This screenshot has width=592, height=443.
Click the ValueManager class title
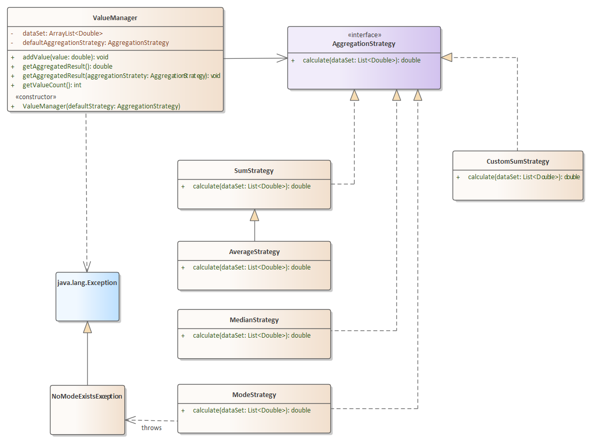(x=115, y=18)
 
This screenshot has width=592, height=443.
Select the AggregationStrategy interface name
(x=364, y=44)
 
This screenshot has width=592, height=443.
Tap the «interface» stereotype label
(x=364, y=35)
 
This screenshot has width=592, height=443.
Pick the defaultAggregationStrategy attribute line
(x=95, y=42)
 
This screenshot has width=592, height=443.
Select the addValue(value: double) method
(x=65, y=57)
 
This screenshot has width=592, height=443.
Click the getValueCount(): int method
(x=52, y=85)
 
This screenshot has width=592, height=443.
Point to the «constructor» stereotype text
(x=36, y=97)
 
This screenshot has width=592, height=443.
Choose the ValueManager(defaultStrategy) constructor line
(x=101, y=106)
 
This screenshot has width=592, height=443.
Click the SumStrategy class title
(x=254, y=170)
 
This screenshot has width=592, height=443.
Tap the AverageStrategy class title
(x=254, y=252)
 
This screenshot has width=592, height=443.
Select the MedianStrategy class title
(x=254, y=320)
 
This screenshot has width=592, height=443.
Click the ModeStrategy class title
(x=254, y=395)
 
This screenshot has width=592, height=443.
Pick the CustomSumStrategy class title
(x=518, y=162)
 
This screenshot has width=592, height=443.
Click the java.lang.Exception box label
(x=87, y=283)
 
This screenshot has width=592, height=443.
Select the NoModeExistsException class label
(x=87, y=397)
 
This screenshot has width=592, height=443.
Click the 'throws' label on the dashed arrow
(x=151, y=428)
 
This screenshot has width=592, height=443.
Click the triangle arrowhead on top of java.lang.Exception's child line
(x=87, y=327)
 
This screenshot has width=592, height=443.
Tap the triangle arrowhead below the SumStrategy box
(x=254, y=215)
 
